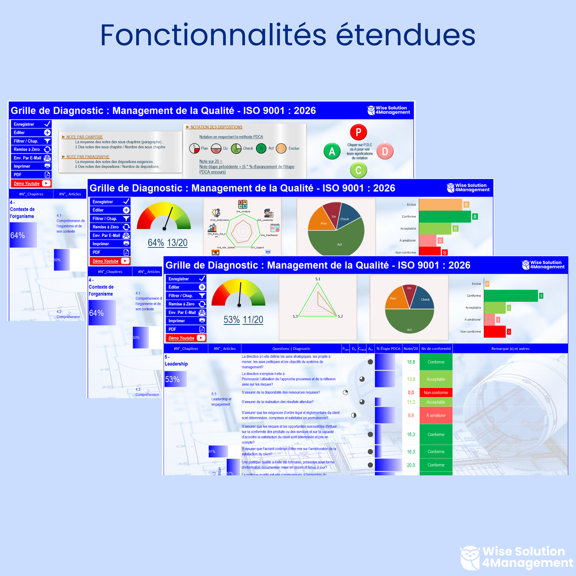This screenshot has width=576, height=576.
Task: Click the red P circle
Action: pyautogui.click(x=358, y=132)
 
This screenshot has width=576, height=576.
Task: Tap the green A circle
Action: pyautogui.click(x=332, y=152)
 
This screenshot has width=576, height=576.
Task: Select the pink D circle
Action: pyautogui.click(x=385, y=152)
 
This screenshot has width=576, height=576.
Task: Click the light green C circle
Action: pyautogui.click(x=358, y=170)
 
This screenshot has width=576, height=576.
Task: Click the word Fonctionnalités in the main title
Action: pyautogui.click(x=213, y=35)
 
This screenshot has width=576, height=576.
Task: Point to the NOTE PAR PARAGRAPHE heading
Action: pyautogui.click(x=88, y=157)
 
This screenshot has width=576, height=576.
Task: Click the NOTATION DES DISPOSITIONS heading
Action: pyautogui.click(x=216, y=127)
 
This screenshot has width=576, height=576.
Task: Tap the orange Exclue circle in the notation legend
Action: pyautogui.click(x=281, y=148)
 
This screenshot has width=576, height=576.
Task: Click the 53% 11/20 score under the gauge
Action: pyautogui.click(x=243, y=320)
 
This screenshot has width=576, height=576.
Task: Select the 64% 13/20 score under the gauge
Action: pyautogui.click(x=167, y=243)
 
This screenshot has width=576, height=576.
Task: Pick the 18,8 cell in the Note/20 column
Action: pyautogui.click(x=411, y=362)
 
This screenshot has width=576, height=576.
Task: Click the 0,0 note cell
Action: pyautogui.click(x=411, y=393)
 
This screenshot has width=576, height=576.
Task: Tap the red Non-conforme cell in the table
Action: pyautogui.click(x=436, y=393)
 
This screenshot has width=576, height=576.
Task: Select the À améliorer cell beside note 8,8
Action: pyautogui.click(x=436, y=415)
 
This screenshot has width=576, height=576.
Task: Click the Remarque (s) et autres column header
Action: pyautogui.click(x=510, y=348)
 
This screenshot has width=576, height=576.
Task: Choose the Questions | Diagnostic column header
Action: pyautogui.click(x=291, y=348)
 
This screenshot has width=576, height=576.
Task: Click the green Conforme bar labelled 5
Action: pyautogui.click(x=511, y=296)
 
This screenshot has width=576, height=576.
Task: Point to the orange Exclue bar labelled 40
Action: pyautogui.click(x=440, y=205)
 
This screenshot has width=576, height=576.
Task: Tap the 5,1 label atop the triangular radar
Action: pyautogui.click(x=318, y=279)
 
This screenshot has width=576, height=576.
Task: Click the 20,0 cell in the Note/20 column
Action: pyautogui.click(x=411, y=465)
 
